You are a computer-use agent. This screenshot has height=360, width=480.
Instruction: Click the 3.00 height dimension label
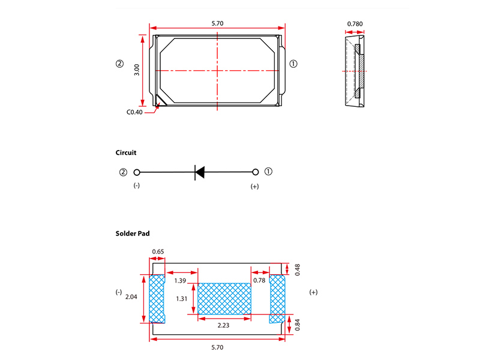click(x=137, y=70)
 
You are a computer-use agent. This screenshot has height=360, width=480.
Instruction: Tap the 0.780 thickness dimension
click(x=355, y=25)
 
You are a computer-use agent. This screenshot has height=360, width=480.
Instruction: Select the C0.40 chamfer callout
click(x=134, y=112)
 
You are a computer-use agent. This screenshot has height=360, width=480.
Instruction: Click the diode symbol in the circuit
click(x=200, y=172)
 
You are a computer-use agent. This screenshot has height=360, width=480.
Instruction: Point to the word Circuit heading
click(x=126, y=153)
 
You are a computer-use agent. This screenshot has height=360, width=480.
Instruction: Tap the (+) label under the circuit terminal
click(x=254, y=187)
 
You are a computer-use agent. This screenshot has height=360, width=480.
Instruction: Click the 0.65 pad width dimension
click(x=158, y=251)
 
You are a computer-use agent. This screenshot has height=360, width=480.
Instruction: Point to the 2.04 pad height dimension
click(x=131, y=296)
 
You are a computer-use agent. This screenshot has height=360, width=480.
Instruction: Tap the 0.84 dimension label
click(x=298, y=326)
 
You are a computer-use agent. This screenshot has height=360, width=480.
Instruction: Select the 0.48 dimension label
click(x=298, y=270)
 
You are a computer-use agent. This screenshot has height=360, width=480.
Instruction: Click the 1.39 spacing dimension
click(x=180, y=280)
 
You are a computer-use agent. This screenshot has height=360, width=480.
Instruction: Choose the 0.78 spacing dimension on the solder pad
click(x=259, y=280)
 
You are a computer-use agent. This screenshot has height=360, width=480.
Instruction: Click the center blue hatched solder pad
click(x=224, y=298)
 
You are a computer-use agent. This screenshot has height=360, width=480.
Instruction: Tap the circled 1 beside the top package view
click(x=293, y=64)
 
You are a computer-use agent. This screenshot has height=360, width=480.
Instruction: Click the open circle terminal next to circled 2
click(x=137, y=172)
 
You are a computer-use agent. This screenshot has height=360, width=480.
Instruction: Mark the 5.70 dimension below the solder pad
click(x=218, y=347)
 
